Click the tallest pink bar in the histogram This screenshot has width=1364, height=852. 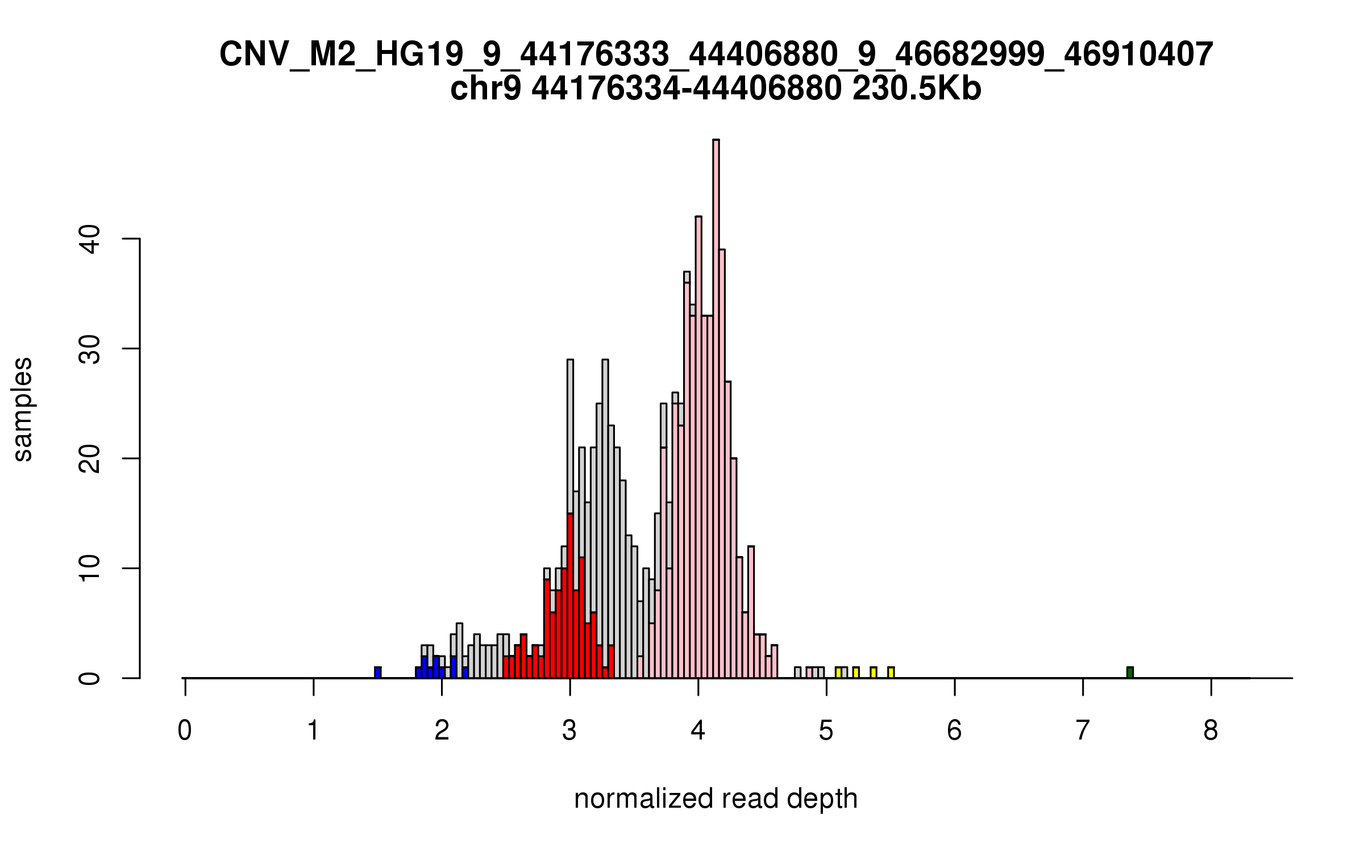coord(716,409)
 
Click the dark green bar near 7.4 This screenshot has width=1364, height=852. coord(1130,673)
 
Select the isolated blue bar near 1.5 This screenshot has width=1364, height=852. coord(378,673)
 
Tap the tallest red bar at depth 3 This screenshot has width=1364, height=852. coord(570,596)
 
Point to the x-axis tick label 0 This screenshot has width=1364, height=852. coord(185,730)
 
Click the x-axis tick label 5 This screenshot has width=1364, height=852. coord(826,730)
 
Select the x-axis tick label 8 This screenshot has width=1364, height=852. coord(1211,730)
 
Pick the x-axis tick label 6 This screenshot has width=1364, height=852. coord(954,730)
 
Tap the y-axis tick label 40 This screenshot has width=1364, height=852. coord(90,239)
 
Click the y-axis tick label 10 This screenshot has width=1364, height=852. coord(90,569)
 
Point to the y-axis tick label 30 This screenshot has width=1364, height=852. coord(90,349)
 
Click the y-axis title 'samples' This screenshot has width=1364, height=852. coord(23,409)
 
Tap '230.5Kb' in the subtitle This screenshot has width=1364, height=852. coord(917,89)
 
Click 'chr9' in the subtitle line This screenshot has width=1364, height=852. coord(485,89)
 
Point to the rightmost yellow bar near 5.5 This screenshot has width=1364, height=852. coord(891,673)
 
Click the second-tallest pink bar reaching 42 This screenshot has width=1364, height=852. coord(698,449)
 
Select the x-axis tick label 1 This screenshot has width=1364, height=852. coord(313,730)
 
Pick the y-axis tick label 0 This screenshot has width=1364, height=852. coord(90,678)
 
